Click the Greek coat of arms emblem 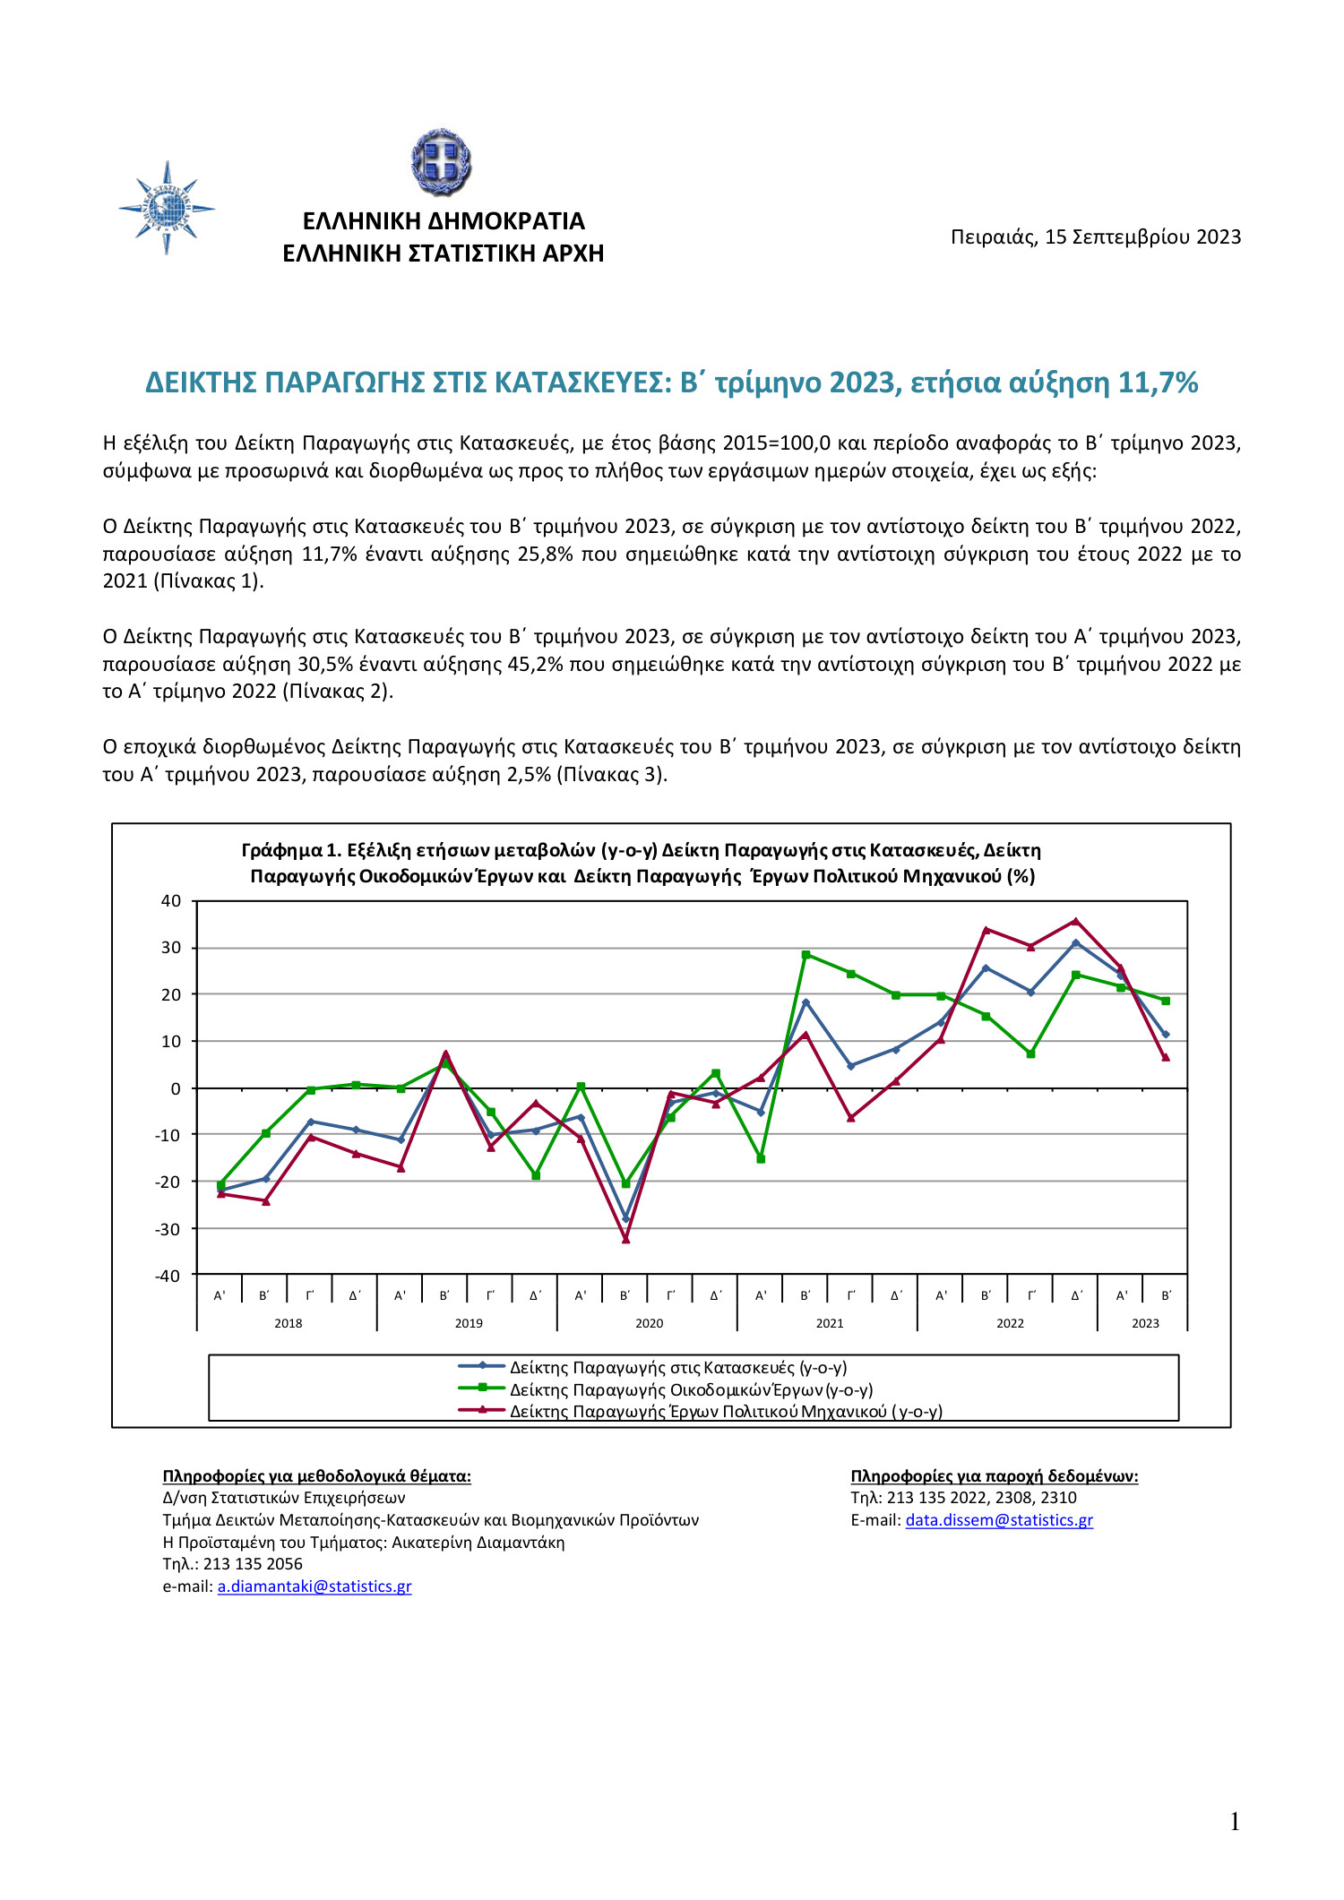point(441,162)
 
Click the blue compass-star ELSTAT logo point(167,209)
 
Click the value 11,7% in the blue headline point(1158,383)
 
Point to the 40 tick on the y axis point(171,901)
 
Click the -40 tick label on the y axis point(168,1276)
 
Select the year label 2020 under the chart point(649,1323)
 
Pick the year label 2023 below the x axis point(1144,1323)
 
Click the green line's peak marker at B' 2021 point(806,955)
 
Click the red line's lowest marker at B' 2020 point(625,1240)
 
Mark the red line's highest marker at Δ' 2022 point(1076,921)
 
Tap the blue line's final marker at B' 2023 point(1166,1035)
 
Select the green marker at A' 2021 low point point(761,1159)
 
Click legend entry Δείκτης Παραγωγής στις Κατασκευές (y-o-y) point(677,1368)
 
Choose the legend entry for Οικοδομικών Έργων point(690,1390)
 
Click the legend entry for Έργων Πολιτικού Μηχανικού point(725,1412)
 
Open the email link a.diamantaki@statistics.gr point(314,1586)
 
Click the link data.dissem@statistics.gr point(999,1520)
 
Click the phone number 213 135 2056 point(253,1564)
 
